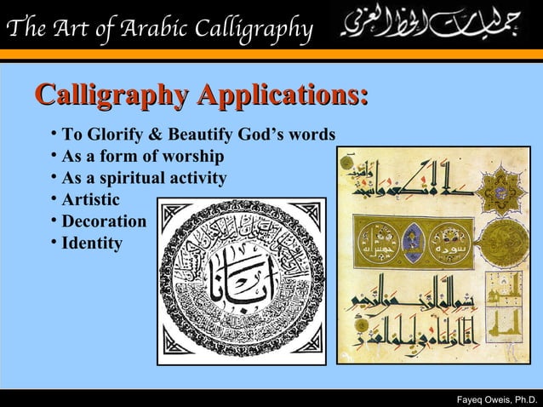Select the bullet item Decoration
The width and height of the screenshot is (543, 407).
(x=104, y=222)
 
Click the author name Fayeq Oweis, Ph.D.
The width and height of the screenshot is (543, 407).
(x=496, y=398)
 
